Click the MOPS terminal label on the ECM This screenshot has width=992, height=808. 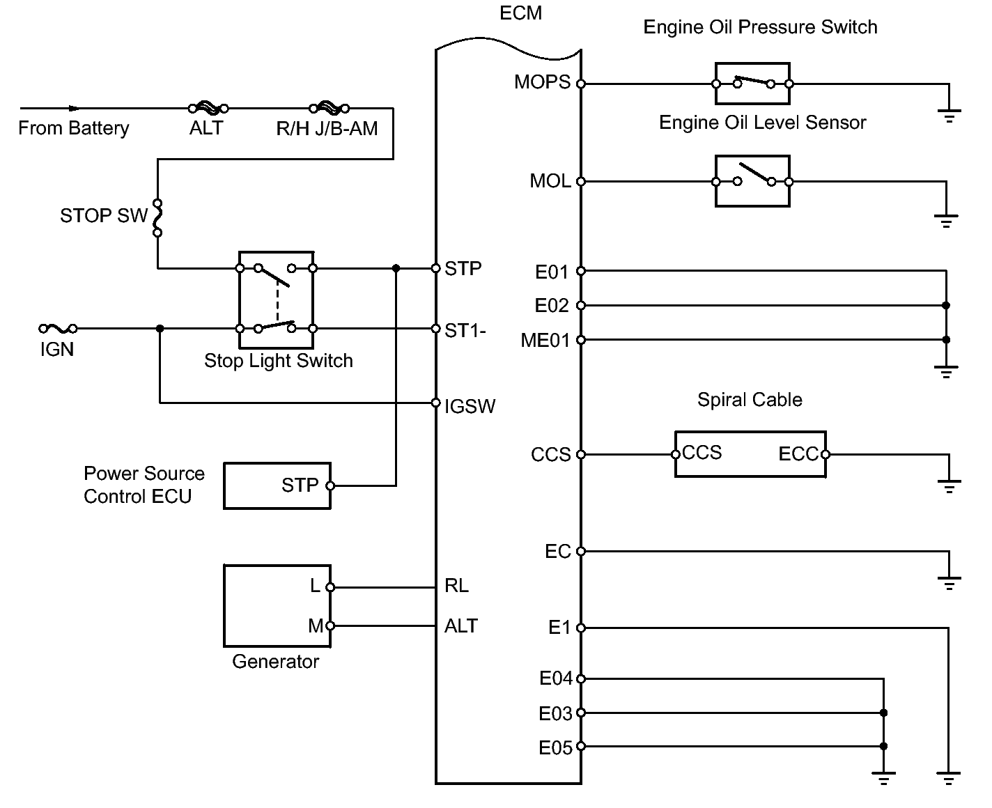tap(542, 82)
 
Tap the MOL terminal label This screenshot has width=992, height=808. tap(550, 180)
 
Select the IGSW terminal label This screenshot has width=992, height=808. tap(470, 406)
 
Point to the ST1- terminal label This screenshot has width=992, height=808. tap(465, 331)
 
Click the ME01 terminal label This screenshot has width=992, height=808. tap(545, 341)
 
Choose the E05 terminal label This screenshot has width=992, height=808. tap(555, 748)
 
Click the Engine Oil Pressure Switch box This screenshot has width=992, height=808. tap(752, 84)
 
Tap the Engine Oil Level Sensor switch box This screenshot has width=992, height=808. tap(752, 181)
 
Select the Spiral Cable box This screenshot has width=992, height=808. tap(750, 454)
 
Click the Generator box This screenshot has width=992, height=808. tap(277, 606)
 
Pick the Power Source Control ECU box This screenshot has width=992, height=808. tap(277, 485)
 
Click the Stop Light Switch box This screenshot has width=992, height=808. tap(276, 300)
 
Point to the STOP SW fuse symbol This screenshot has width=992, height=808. tap(158, 217)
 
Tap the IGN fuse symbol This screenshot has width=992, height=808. tap(59, 329)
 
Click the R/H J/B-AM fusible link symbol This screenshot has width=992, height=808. tap(330, 108)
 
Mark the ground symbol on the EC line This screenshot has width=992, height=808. tap(949, 582)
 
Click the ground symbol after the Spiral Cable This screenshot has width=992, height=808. tap(949, 485)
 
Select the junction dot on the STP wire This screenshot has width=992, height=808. tap(396, 268)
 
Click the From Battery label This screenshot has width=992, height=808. tap(74, 128)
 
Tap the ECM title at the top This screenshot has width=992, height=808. tap(520, 13)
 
